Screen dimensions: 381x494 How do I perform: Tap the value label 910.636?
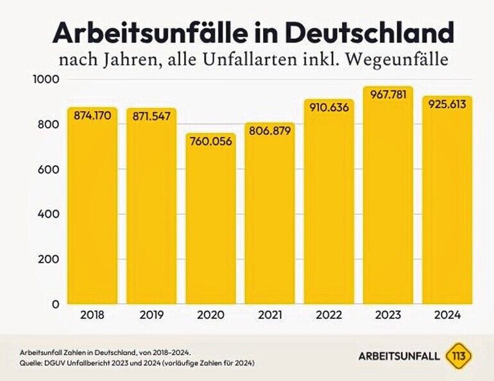328,107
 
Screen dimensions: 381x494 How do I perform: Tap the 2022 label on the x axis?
328,316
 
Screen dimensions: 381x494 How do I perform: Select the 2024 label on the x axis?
448,316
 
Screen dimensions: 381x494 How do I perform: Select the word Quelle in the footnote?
31,363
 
